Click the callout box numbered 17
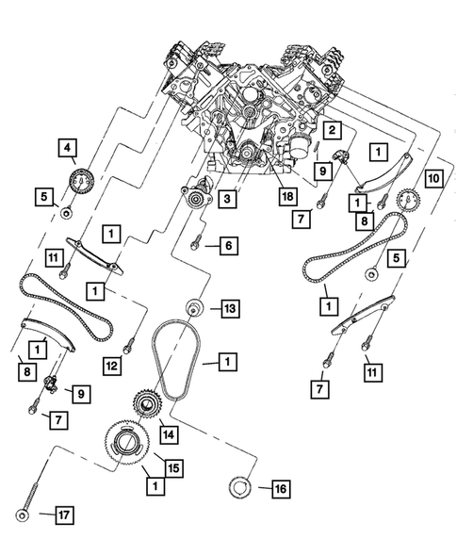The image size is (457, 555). coord(62,515)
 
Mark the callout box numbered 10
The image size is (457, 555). coord(433,178)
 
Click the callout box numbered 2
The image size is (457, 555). coord(333,129)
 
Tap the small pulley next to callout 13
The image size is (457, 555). coord(195,306)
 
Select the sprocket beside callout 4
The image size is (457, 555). coord(79,177)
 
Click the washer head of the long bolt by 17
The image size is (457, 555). coord(21,514)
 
